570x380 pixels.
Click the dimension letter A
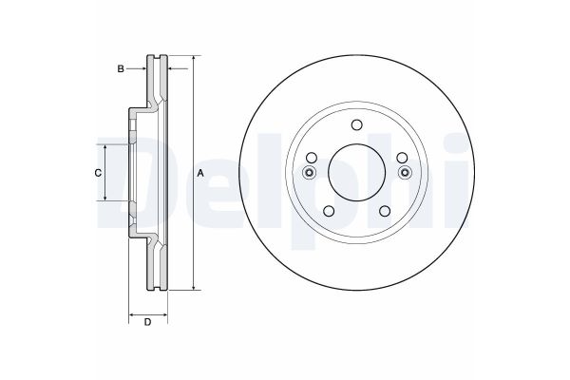200,174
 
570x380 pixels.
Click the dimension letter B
121,68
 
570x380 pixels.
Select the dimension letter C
98,173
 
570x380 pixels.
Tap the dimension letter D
147,322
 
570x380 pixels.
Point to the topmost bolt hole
357,124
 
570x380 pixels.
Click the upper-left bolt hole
312,158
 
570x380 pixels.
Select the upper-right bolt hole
402,158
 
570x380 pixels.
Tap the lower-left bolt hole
329,211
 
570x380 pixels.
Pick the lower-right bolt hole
385,211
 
